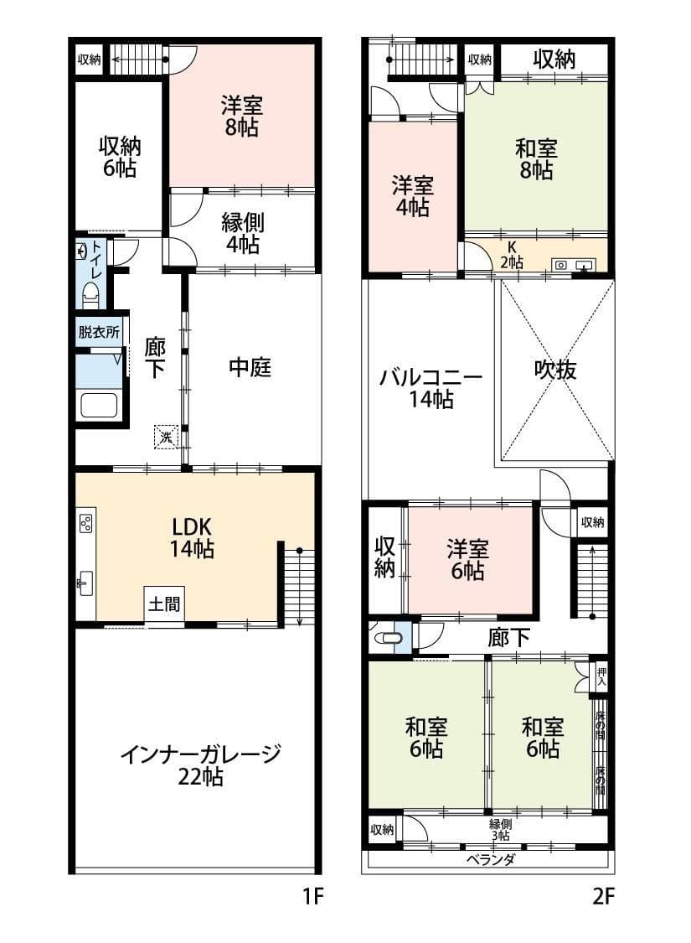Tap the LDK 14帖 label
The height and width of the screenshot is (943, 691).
coord(193,538)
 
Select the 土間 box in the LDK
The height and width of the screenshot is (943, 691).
coord(164,604)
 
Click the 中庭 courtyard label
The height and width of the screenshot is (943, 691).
coord(250,367)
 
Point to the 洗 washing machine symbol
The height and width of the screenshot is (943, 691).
coord(166,436)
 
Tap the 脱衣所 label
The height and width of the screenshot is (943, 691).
coord(99,331)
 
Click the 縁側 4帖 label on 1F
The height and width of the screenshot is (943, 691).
coord(242,234)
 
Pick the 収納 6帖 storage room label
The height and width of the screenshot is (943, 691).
coord(121,157)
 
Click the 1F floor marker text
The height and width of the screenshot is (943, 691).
coord(312,898)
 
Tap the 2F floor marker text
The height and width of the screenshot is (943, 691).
coord(603,898)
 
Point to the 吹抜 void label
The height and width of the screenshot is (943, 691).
coord(556,370)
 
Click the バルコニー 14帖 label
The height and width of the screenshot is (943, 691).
coord(431,388)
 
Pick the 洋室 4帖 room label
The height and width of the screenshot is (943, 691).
coord(412,196)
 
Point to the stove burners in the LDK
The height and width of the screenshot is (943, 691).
coord(85,524)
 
